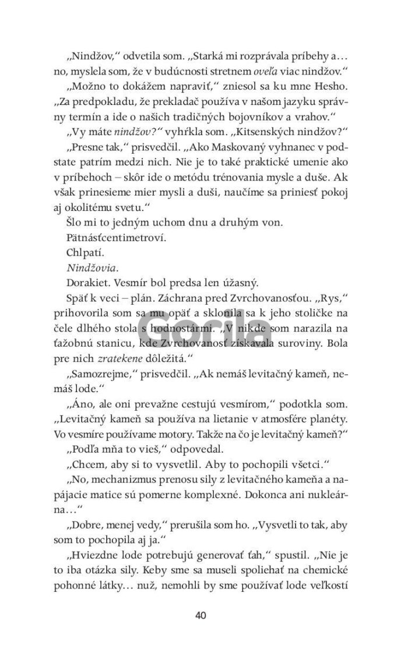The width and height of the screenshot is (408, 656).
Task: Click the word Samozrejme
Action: click(102, 378)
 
